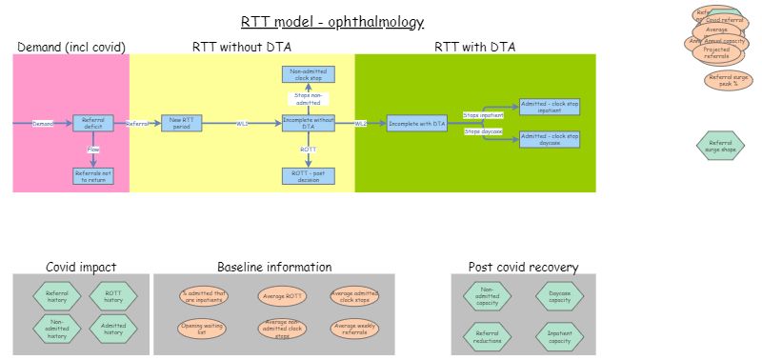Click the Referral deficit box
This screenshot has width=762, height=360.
pos(93,123)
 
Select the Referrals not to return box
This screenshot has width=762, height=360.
pos(93,175)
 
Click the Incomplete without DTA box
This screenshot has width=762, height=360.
pos(309,123)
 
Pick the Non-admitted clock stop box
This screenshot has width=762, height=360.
pos(309,75)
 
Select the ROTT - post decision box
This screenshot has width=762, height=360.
pos(309,175)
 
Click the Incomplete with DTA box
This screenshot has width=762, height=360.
pos(417,123)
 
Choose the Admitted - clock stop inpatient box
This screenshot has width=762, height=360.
pos(549,108)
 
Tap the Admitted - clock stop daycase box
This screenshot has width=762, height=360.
pos(549,139)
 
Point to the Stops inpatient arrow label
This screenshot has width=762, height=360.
pos(483,115)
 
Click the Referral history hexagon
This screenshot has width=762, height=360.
pos(58,298)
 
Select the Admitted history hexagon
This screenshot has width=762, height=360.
pos(113,329)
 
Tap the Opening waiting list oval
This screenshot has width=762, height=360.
pos(203,329)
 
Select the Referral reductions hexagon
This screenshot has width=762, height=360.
pos(487,334)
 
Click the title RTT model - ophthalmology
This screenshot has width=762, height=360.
pos(332,22)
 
